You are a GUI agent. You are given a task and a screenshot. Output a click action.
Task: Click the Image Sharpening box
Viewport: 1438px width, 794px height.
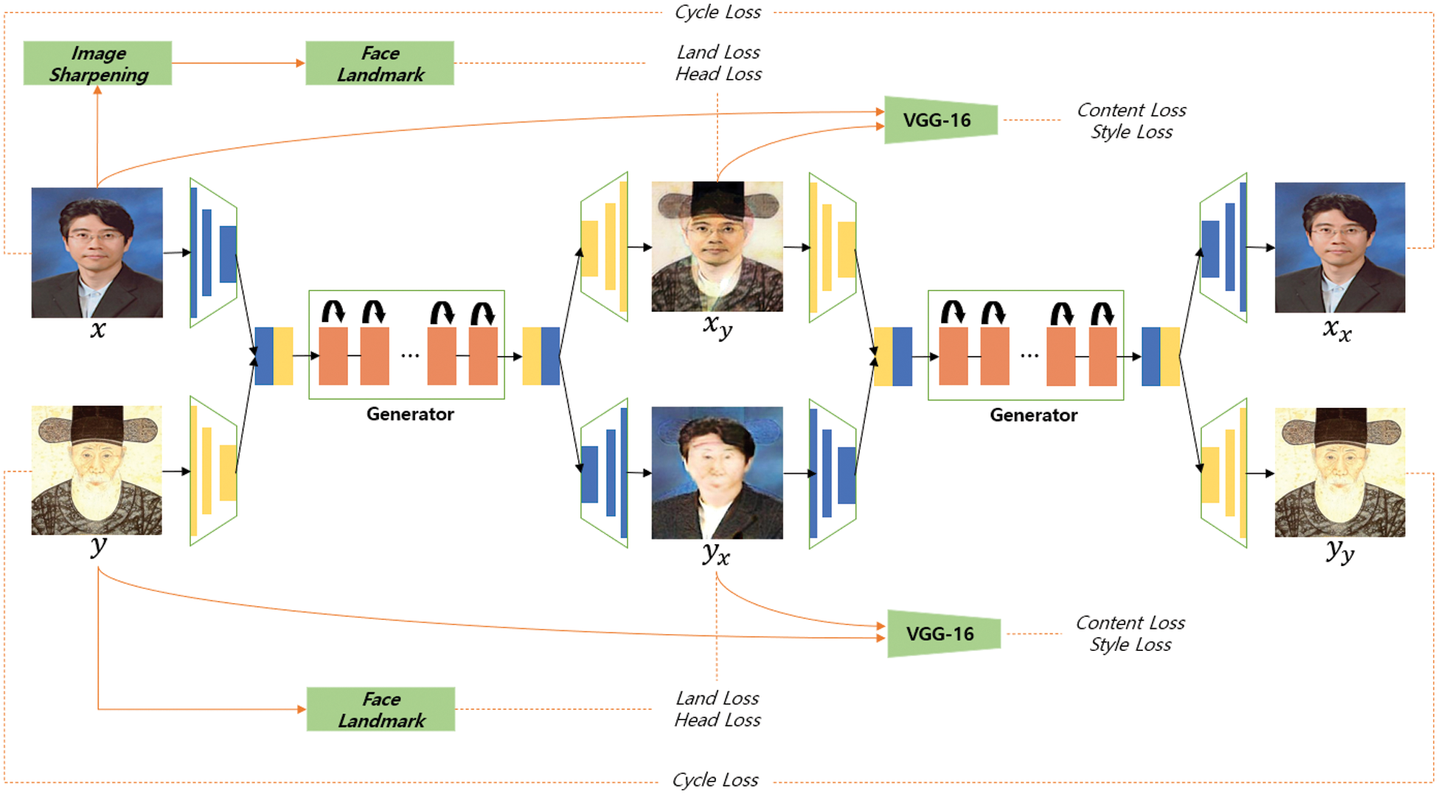97,63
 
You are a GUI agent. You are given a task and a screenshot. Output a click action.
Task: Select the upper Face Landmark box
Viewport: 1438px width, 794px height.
380,63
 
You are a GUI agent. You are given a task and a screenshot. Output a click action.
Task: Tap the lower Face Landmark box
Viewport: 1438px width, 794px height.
381,709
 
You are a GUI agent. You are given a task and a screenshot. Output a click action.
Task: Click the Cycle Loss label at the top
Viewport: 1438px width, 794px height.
718,12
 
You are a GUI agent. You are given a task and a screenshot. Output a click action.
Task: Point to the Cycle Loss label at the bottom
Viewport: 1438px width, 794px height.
715,779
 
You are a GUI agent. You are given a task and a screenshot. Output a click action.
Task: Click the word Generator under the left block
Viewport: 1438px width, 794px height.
410,414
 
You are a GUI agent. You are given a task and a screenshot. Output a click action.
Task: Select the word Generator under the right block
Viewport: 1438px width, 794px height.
1033,415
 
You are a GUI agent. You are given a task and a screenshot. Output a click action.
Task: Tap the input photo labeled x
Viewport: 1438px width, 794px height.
97,252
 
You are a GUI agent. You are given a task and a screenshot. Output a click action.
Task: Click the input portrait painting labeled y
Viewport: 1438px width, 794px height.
97,470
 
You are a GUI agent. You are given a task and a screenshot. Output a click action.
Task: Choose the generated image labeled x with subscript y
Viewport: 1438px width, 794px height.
717,246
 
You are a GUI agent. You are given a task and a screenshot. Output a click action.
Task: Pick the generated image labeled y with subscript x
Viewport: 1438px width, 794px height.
717,473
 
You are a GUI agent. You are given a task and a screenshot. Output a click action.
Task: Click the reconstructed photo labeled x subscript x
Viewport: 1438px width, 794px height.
1339,248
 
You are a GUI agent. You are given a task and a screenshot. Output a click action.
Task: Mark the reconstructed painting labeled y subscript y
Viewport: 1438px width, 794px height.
1339,472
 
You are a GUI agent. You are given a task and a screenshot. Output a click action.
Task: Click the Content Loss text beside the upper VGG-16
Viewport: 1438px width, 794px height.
1131,110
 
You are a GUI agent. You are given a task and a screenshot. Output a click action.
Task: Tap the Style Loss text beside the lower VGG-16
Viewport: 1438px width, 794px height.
1130,645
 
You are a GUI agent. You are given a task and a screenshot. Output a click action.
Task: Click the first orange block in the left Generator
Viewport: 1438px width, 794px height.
333,356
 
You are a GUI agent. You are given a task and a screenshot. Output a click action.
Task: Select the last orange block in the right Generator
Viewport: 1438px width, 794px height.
1102,357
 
